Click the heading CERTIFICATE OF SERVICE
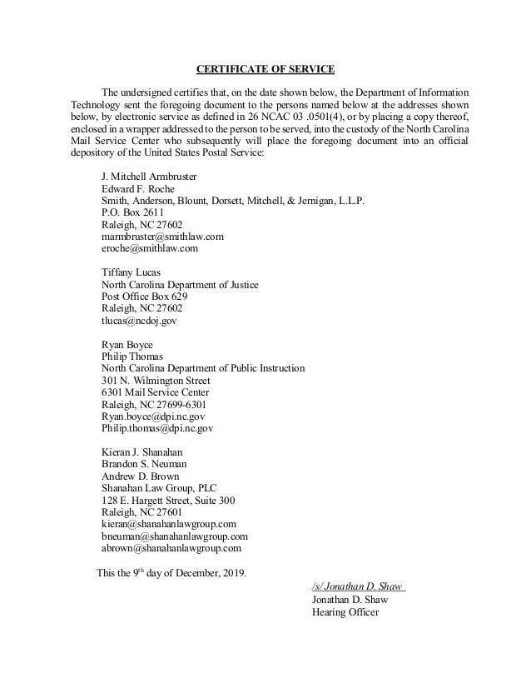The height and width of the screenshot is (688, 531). [x=265, y=68]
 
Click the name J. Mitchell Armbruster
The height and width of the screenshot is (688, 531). [x=149, y=177]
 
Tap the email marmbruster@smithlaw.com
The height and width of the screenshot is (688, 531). [x=161, y=237]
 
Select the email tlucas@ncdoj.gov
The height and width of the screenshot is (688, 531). [x=139, y=320]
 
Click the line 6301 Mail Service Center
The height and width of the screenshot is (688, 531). [x=156, y=392]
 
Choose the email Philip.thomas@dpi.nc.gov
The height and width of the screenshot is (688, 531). [x=157, y=428]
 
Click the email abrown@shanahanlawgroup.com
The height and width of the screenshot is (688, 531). [x=171, y=548]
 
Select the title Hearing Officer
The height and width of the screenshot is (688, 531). [x=345, y=612]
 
